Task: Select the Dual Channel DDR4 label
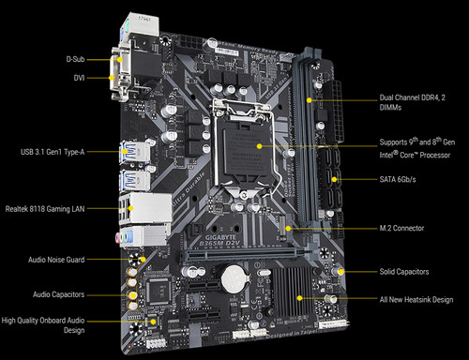click(x=411, y=102)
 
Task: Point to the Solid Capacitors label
click(x=403, y=271)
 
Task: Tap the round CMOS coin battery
click(x=232, y=275)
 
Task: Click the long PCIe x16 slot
click(x=234, y=254)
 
